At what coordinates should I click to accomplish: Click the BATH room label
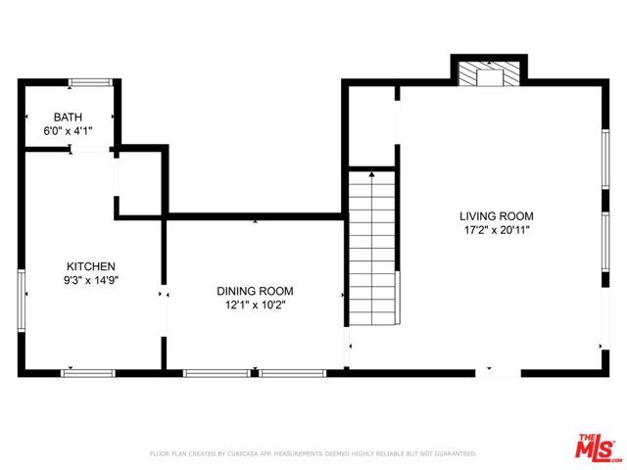tap(68, 117)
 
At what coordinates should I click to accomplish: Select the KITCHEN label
tap(91, 266)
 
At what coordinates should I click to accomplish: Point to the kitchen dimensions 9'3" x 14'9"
tap(91, 280)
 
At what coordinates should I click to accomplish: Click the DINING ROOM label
tap(255, 291)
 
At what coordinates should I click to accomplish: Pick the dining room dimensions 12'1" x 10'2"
tap(255, 305)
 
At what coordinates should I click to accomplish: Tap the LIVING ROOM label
tap(496, 216)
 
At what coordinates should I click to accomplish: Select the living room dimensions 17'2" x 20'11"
tap(496, 230)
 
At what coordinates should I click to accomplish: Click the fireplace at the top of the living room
tap(489, 75)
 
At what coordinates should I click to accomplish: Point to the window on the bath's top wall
tap(88, 81)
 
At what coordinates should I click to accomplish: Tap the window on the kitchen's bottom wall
tap(88, 372)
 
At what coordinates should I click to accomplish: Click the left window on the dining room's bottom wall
tap(216, 372)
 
